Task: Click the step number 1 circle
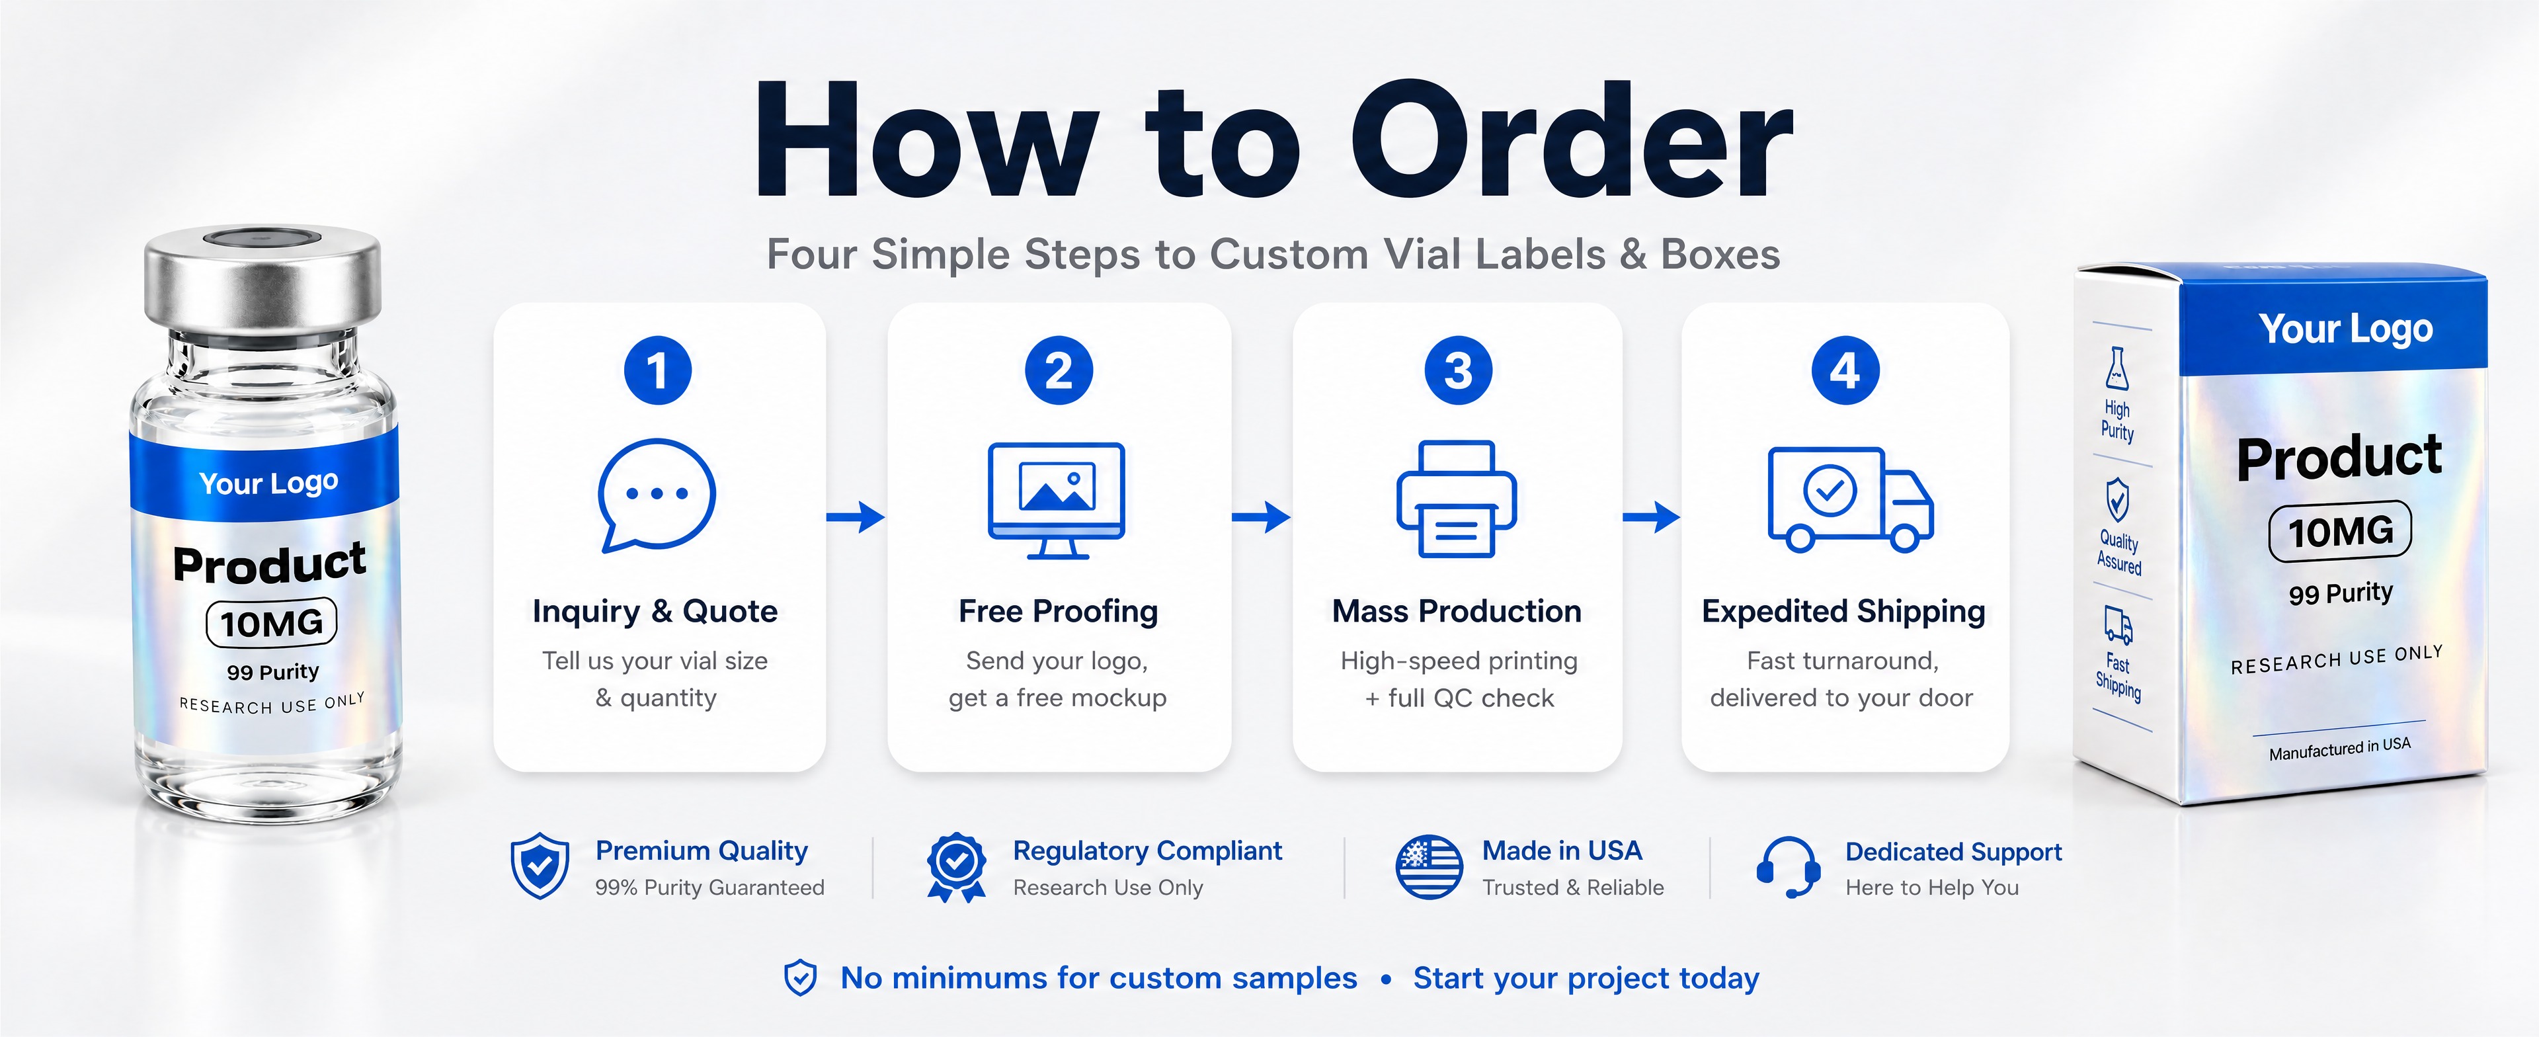(657, 370)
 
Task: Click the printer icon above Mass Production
(1456, 499)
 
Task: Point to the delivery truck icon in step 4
(1850, 499)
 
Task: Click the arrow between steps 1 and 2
(856, 516)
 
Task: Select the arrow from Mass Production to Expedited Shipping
(1651, 516)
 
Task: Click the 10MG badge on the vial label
(271, 623)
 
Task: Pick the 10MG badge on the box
(2340, 531)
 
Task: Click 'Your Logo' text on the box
(2346, 328)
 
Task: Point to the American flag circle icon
(1429, 866)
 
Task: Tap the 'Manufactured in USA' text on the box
(2339, 748)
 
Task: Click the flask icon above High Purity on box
(2116, 368)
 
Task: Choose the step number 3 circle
(1458, 370)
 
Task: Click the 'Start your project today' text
(1586, 978)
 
